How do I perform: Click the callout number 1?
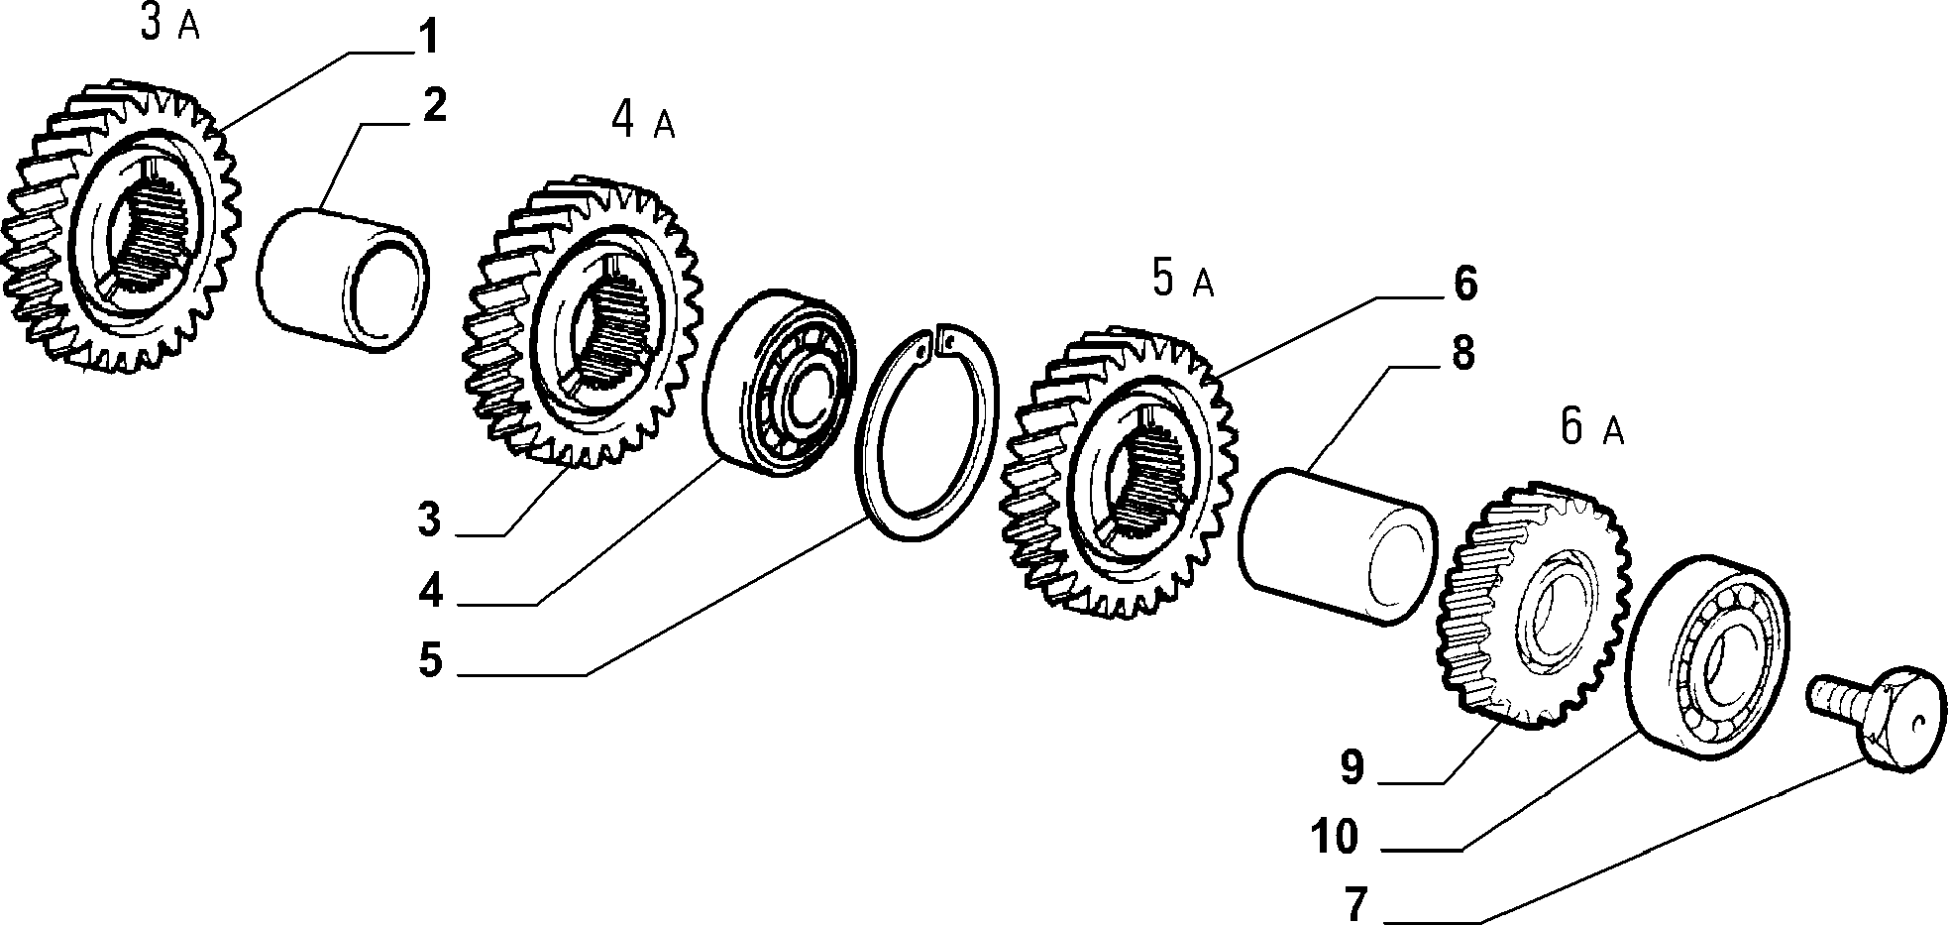[425, 39]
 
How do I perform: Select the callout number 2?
[434, 105]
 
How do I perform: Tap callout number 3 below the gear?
[428, 519]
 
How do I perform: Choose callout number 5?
[429, 660]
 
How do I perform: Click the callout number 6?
[1465, 284]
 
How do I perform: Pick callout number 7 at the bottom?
[1355, 904]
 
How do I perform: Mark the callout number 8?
[1463, 353]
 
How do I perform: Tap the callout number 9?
[1353, 766]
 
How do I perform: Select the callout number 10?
[1335, 837]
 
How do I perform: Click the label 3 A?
[169, 24]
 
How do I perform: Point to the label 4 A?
[643, 121]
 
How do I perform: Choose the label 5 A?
[1183, 280]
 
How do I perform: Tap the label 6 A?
[1592, 427]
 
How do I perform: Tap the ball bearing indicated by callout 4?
[781, 383]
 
